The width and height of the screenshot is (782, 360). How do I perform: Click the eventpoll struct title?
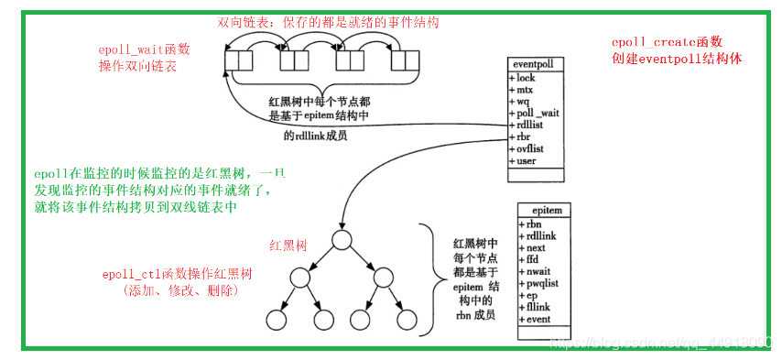533,65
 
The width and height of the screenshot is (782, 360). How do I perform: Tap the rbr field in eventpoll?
525,137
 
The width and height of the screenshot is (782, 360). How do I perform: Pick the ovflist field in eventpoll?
530,149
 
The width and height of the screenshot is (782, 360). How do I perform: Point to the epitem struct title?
545,211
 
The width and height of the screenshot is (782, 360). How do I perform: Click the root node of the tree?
342,239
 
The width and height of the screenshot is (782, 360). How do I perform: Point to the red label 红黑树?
287,245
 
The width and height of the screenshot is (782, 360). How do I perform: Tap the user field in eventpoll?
527,161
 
